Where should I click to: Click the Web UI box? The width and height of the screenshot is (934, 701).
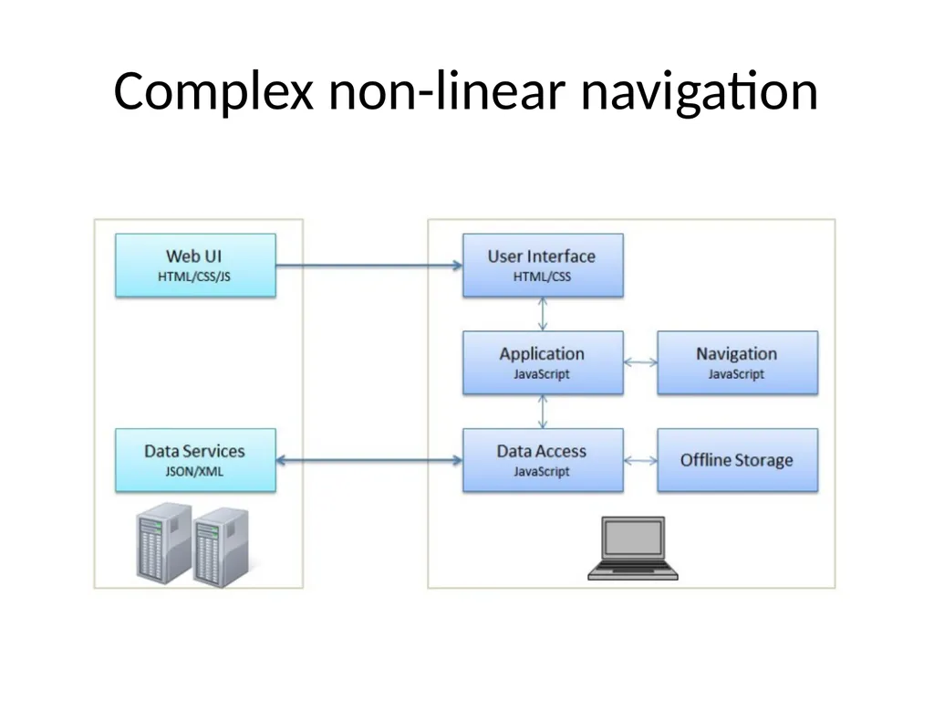point(195,266)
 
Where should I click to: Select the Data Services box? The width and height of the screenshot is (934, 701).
point(195,460)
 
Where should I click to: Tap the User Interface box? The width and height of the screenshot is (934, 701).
point(543,266)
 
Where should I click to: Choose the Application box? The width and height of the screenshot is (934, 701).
point(543,362)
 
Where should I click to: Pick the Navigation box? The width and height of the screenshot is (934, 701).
point(737,362)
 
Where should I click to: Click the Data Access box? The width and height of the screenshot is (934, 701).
point(543,460)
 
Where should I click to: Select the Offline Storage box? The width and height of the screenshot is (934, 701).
point(737,460)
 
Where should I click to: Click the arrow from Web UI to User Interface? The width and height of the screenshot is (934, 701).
point(369,266)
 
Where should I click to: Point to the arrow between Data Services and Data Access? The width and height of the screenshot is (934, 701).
point(369,460)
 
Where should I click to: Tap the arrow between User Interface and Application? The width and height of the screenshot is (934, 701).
point(543,314)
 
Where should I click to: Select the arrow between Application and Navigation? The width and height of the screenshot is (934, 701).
point(640,361)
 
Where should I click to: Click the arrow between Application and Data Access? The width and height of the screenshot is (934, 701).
point(543,412)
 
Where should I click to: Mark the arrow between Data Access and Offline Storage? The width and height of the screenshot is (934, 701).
point(640,460)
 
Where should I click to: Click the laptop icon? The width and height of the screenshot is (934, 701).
point(633,549)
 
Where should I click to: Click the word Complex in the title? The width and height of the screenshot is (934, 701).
point(213,92)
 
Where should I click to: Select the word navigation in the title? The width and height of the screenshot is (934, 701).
point(700,92)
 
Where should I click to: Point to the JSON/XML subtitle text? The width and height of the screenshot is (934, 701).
point(195,472)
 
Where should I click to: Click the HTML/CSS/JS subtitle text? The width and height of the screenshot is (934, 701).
point(194,277)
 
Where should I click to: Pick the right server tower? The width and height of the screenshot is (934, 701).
point(221,548)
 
